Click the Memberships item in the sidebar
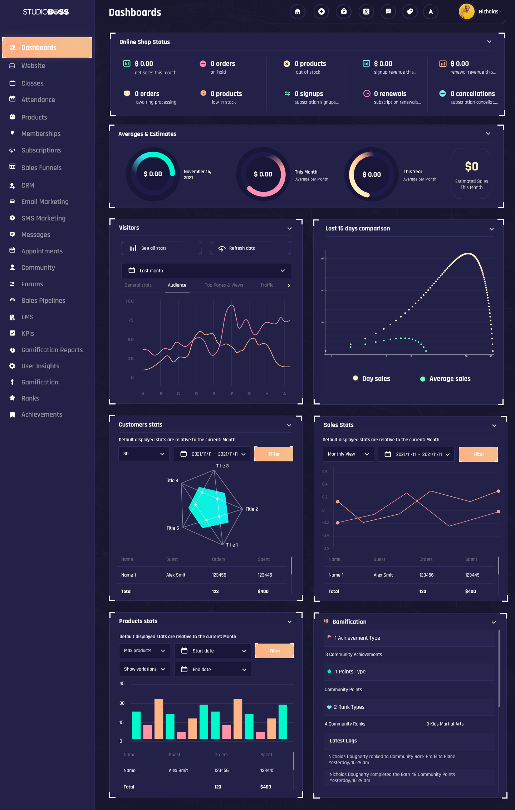[x=41, y=134]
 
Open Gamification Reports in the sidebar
[x=52, y=350]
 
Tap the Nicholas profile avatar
[x=466, y=12]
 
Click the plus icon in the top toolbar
[x=321, y=12]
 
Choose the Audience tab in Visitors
[x=177, y=285]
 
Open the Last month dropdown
[x=206, y=271]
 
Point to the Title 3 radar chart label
[x=222, y=466]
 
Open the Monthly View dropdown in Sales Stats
[x=348, y=454]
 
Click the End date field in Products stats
[x=213, y=669]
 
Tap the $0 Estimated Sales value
[x=471, y=167]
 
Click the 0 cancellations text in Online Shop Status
[x=472, y=94]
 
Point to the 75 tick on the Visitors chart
[x=131, y=320]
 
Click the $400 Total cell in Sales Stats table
[x=470, y=592]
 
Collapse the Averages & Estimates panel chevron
[x=488, y=134]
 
